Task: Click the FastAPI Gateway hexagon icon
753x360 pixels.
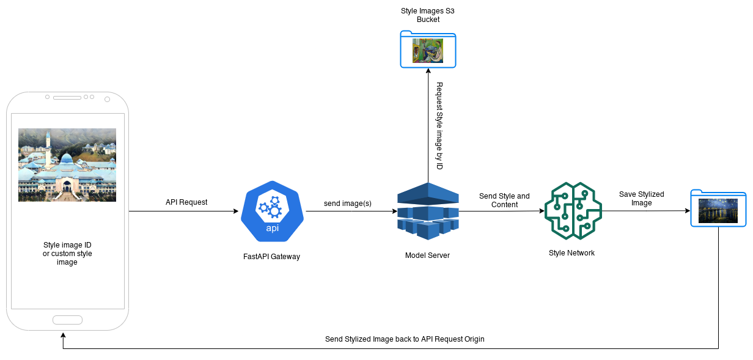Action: click(272, 211)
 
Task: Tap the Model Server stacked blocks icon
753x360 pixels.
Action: click(428, 211)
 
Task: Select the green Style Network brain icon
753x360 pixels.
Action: click(573, 211)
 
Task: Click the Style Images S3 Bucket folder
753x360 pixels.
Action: click(428, 50)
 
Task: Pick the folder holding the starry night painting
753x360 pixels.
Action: click(718, 208)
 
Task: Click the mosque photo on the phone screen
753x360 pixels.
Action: click(67, 164)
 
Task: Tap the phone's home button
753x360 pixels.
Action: click(67, 320)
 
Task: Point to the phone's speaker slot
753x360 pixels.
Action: click(67, 98)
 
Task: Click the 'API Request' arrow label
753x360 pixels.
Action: click(186, 202)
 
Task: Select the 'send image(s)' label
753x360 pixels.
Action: click(348, 203)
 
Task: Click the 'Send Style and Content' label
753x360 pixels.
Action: click(504, 200)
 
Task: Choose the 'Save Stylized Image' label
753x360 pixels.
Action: click(641, 199)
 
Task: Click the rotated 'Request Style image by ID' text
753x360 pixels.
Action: click(439, 126)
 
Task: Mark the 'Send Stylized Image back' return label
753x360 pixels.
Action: click(405, 339)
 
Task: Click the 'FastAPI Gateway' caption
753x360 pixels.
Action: click(271, 257)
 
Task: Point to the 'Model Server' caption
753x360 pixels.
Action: click(427, 255)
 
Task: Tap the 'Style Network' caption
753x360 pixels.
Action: click(571, 253)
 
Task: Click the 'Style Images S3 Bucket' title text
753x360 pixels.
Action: click(428, 15)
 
